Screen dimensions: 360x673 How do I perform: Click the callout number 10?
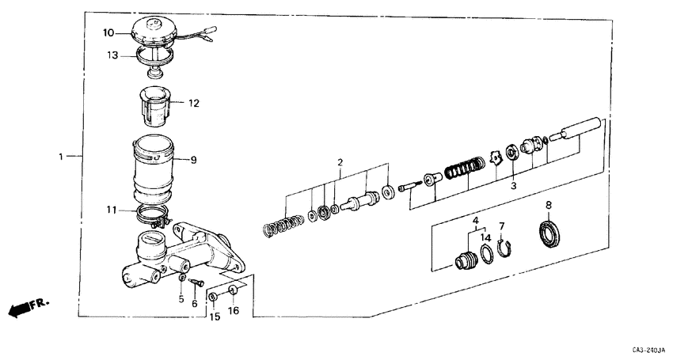click(108, 32)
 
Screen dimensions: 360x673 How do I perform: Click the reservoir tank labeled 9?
click(154, 170)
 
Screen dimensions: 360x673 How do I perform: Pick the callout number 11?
click(112, 211)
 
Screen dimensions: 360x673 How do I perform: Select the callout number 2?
click(340, 163)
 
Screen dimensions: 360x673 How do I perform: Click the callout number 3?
click(513, 186)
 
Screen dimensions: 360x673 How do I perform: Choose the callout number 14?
click(485, 237)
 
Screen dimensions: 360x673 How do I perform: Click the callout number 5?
click(181, 300)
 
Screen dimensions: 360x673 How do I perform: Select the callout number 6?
click(195, 304)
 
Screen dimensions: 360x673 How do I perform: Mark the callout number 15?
click(213, 316)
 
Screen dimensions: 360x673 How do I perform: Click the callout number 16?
click(234, 311)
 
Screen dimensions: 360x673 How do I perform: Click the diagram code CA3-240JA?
click(648, 349)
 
